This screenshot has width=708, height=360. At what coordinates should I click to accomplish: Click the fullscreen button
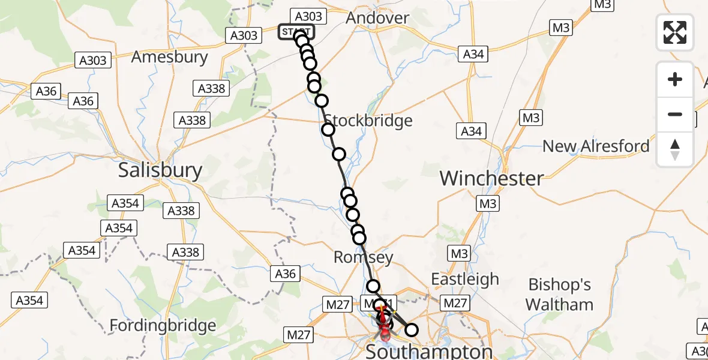pos(675,32)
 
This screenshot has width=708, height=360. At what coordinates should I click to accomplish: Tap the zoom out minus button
pos(675,114)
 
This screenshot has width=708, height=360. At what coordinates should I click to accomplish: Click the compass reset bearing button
pos(675,149)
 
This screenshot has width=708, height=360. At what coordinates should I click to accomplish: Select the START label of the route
pos(295,31)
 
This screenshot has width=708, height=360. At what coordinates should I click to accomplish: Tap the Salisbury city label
pos(160,170)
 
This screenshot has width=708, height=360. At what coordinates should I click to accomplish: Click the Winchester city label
pos(492,178)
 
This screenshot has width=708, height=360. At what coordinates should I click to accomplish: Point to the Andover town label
pos(377,18)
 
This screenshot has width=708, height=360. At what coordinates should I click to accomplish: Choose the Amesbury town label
pos(169,57)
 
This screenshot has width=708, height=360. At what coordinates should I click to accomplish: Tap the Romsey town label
pos(363,258)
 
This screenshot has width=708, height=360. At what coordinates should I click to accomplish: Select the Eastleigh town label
pos(465,280)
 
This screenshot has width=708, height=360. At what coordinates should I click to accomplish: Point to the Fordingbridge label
pos(163,326)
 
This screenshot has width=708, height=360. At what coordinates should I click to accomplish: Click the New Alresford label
pos(596,146)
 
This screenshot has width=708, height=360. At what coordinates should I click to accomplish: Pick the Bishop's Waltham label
pos(559,295)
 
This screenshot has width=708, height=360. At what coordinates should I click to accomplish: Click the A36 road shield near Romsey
pos(285,274)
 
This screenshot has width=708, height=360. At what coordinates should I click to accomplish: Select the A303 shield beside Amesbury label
pos(93,60)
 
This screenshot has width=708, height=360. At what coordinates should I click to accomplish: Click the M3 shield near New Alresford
pos(530,118)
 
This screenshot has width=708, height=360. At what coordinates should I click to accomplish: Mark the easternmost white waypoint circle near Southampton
pos(411,329)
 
